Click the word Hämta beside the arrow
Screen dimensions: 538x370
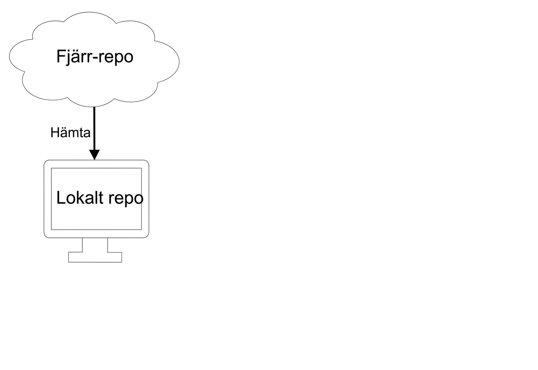(x=71, y=133)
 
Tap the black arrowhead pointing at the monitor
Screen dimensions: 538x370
(x=95, y=155)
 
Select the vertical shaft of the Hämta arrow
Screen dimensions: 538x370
(x=95, y=128)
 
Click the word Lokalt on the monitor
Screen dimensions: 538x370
(x=80, y=198)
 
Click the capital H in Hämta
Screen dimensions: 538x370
(x=55, y=133)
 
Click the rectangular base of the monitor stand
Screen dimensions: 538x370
(x=95, y=257)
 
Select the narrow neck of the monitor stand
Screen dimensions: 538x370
(x=95, y=245)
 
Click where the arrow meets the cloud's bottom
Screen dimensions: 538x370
(x=95, y=107)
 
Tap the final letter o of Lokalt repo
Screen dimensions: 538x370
(x=139, y=199)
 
